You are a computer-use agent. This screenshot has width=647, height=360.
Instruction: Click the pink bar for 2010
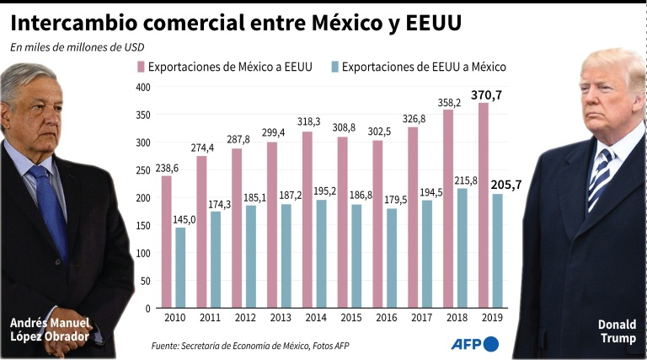pos(167,242)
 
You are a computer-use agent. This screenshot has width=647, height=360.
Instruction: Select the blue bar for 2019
pos(498,251)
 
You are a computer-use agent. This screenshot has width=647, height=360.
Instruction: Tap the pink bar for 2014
pos(307,220)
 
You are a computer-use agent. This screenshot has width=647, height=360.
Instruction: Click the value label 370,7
pos(486,95)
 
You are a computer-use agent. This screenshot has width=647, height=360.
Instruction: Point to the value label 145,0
pos(184,220)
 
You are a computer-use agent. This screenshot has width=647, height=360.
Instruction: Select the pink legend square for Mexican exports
pos(141,67)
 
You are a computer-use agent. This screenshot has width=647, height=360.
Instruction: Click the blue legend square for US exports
pos(334,67)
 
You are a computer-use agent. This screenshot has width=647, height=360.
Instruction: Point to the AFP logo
pos(474,344)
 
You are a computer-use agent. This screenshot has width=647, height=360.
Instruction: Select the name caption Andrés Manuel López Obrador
pos(50,330)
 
